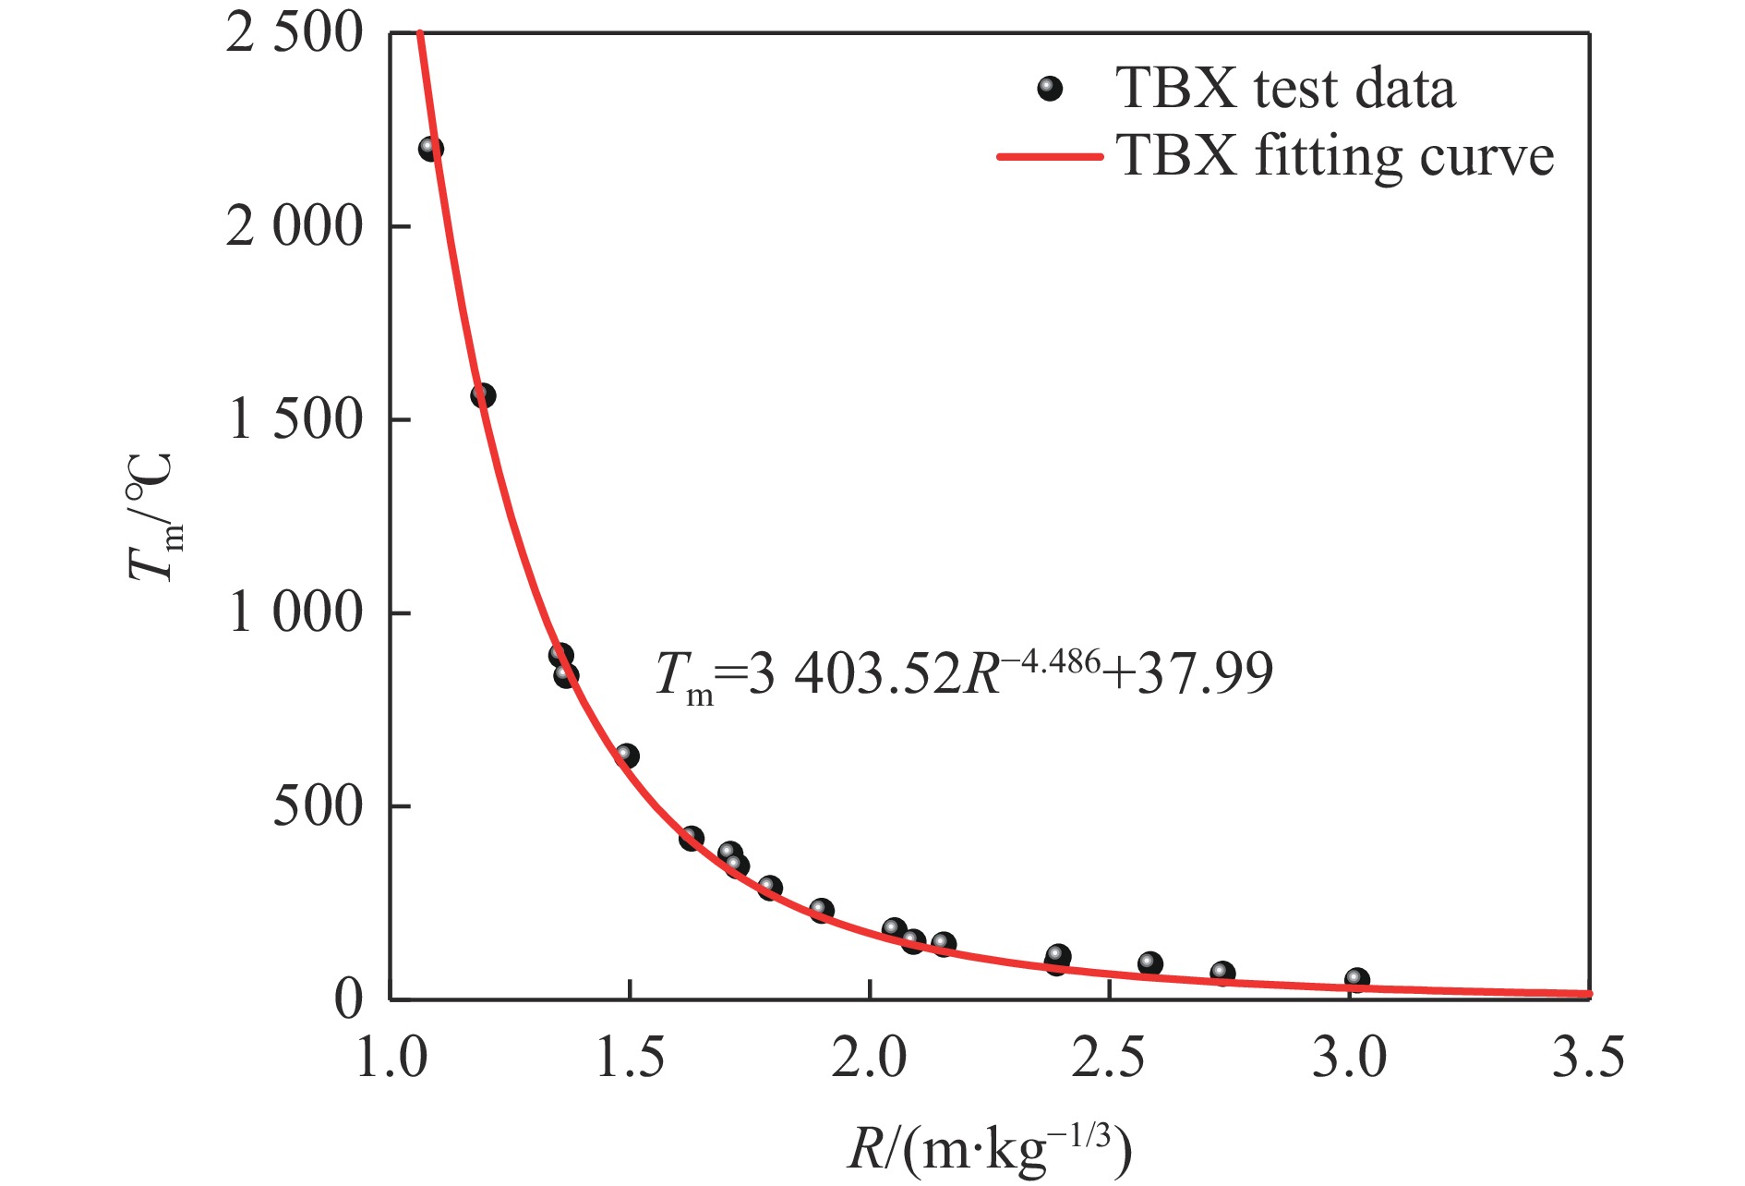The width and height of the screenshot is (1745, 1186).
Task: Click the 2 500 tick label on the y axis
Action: click(x=295, y=35)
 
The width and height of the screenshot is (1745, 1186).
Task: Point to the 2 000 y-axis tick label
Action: click(x=295, y=227)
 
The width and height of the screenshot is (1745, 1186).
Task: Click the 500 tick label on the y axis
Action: click(x=318, y=806)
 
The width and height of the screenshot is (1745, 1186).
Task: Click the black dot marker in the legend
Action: click(x=1050, y=90)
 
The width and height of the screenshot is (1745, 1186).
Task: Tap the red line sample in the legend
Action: click(x=1050, y=156)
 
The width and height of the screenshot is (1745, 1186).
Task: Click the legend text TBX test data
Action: click(x=1285, y=90)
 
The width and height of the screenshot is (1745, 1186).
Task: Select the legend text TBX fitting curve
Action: click(x=1335, y=156)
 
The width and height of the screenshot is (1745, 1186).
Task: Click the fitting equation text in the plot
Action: click(x=964, y=674)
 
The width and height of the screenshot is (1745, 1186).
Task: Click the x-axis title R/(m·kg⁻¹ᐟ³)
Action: click(x=989, y=1151)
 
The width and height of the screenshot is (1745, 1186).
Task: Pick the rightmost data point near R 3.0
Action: click(x=1356, y=979)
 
